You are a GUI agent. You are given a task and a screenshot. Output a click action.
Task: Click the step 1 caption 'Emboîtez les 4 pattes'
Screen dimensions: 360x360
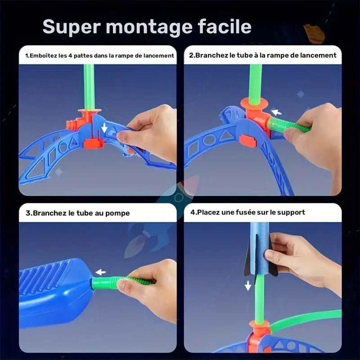tap(58, 56)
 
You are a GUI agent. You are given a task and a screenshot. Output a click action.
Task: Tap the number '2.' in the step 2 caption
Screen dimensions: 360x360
tap(192, 55)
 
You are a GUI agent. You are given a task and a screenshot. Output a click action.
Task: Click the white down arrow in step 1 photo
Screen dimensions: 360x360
tap(104, 128)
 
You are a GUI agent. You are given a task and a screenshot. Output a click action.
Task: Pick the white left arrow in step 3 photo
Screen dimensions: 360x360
tap(101, 272)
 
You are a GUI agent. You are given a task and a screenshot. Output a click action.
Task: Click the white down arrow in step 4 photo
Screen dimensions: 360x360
tap(248, 285)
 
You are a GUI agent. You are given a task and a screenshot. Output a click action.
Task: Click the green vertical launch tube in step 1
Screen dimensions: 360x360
tap(89, 85)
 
